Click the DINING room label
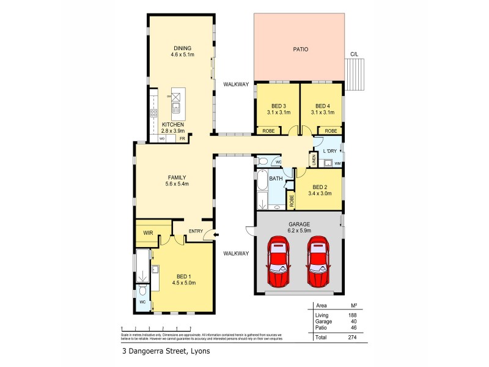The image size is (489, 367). [183, 48]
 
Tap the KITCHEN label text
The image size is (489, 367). [173, 124]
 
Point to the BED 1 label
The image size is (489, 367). [182, 276]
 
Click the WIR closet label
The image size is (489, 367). [147, 232]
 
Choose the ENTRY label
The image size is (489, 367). [196, 231]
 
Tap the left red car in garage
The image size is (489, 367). [279, 264]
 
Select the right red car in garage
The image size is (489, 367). [318, 264]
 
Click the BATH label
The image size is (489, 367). [276, 179]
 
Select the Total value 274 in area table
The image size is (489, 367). [351, 337]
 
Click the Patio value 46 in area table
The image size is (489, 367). [353, 328]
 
